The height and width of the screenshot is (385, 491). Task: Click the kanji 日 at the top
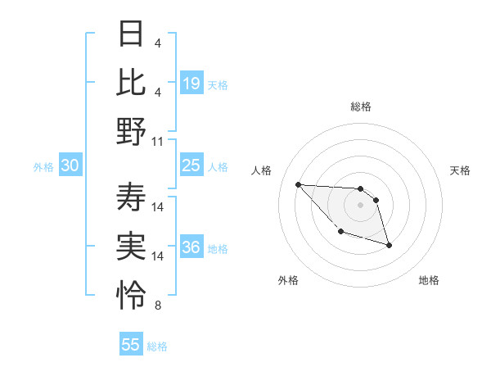click(133, 34)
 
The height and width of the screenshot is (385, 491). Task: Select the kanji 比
click(133, 83)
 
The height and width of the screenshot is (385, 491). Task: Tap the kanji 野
click(133, 131)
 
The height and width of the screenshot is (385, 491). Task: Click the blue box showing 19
click(191, 84)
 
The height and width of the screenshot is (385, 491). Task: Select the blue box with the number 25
click(191, 166)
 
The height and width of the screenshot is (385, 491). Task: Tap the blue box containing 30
click(70, 166)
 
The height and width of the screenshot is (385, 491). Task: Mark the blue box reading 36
click(191, 248)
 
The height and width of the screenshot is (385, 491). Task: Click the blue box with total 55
click(131, 345)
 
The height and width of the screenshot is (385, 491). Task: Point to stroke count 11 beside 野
click(158, 142)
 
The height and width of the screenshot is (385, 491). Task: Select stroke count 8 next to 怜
click(158, 306)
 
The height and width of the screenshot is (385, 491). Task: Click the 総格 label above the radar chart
click(361, 107)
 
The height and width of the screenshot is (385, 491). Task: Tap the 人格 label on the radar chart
click(262, 170)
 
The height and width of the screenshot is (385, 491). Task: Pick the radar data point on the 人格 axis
click(299, 184)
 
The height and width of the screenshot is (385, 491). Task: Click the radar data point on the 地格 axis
click(389, 245)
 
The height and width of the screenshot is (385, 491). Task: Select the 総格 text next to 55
click(157, 346)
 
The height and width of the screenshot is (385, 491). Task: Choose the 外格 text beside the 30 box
click(43, 167)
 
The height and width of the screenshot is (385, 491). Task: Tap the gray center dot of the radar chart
click(361, 205)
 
